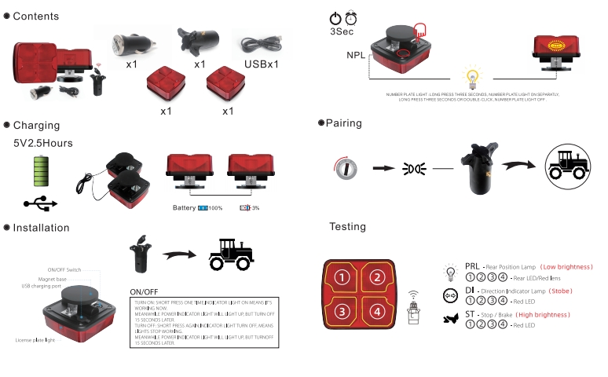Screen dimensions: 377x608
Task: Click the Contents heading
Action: pyautogui.click(x=36, y=16)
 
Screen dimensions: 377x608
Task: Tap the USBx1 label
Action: pyautogui.click(x=262, y=63)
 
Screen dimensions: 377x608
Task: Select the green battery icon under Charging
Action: pyautogui.click(x=42, y=170)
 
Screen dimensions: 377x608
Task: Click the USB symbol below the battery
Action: pyautogui.click(x=41, y=203)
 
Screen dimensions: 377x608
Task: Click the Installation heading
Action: pyautogui.click(x=41, y=228)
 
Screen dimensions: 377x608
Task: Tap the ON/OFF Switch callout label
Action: pyautogui.click(x=64, y=269)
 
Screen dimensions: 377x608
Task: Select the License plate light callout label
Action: pyautogui.click(x=38, y=340)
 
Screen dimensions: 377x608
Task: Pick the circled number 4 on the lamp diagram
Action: pyautogui.click(x=377, y=312)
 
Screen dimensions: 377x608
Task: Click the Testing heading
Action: pyautogui.click(x=347, y=227)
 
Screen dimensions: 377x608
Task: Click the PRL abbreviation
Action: pyautogui.click(x=472, y=267)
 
